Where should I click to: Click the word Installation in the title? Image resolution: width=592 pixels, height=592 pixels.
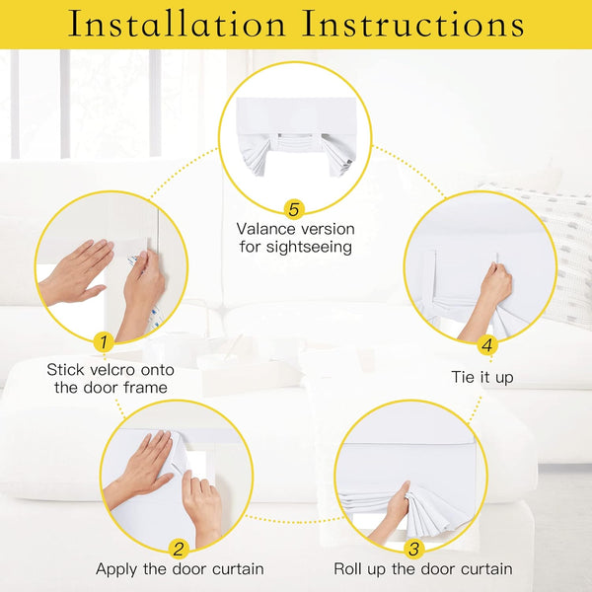[175, 24]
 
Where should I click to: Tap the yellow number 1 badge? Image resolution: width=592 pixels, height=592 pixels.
[102, 342]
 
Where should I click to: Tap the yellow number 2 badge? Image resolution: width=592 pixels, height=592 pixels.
[179, 549]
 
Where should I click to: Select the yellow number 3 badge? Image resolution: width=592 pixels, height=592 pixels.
[413, 549]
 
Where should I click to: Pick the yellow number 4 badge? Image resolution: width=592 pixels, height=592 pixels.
[486, 345]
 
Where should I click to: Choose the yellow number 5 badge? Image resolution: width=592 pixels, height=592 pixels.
[293, 209]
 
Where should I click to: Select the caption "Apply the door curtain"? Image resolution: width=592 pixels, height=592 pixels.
[180, 569]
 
